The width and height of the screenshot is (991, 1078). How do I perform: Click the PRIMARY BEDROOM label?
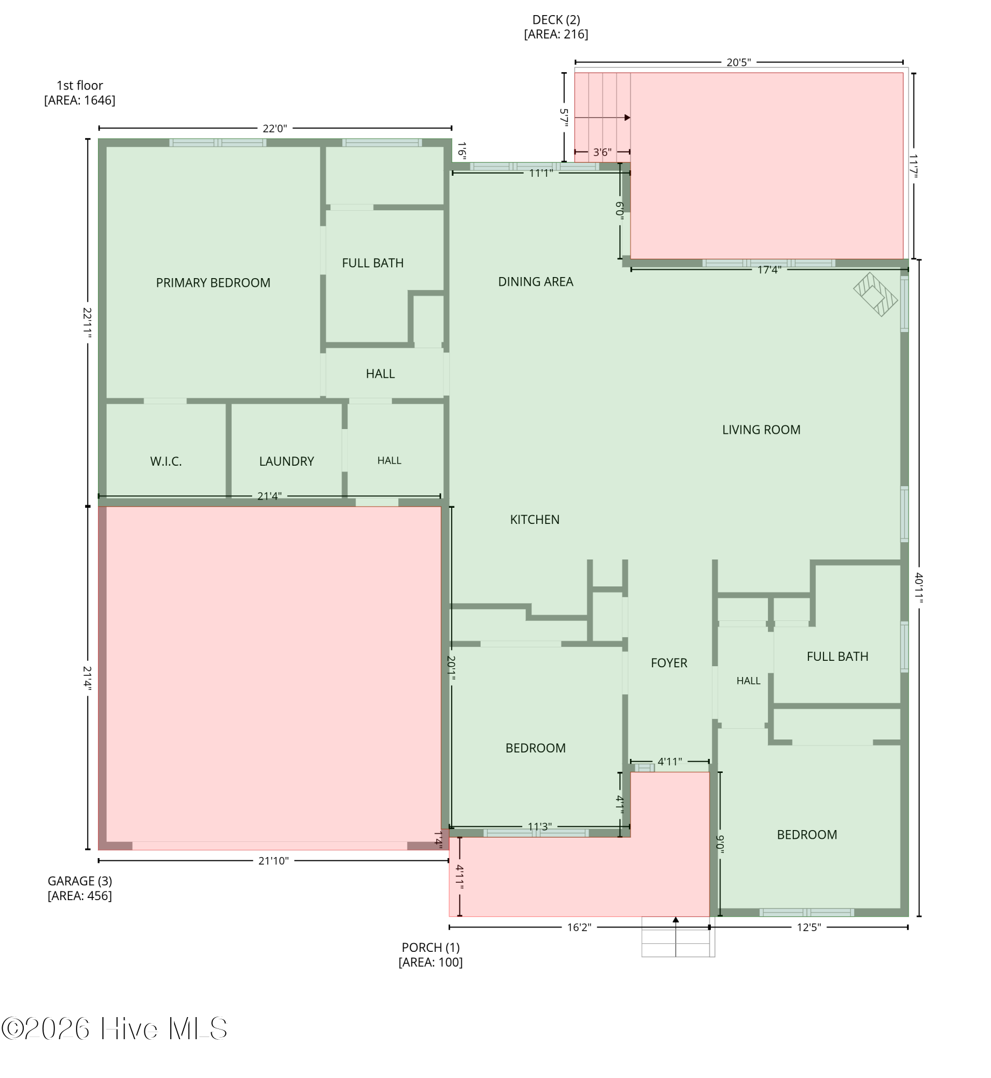pos(213,283)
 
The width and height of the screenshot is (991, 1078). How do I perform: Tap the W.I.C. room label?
pos(166,461)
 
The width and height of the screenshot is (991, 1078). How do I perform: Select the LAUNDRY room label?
pos(286,461)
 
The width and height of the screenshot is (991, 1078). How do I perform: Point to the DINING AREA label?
pos(535,282)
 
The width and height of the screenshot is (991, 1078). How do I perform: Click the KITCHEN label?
pos(535,520)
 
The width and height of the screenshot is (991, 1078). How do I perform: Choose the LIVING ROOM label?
pos(761,430)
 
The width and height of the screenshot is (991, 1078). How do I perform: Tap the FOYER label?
pos(669,663)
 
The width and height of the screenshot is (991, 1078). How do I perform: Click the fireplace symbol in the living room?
pos(875,294)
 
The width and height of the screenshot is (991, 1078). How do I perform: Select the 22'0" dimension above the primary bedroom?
pos(275,128)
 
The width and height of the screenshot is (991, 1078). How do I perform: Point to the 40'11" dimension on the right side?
pos(919,588)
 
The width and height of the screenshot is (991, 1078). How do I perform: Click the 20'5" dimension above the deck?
pos(738,63)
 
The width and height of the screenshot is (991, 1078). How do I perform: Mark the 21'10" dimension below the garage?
pos(273,861)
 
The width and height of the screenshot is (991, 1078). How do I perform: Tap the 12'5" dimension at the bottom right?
pos(808,927)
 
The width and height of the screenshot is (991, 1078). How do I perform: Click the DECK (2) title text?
pos(556,20)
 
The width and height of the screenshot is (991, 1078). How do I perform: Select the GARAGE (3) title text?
pos(80,881)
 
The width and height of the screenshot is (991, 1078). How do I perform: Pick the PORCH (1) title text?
pos(431,948)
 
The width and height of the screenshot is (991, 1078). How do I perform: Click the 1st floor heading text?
pos(80,86)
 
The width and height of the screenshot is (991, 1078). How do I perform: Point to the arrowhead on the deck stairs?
pos(627,118)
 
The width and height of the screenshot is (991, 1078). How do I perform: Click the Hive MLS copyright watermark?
pos(114,1029)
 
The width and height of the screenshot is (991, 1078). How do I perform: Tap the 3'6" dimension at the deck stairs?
pos(602,153)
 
